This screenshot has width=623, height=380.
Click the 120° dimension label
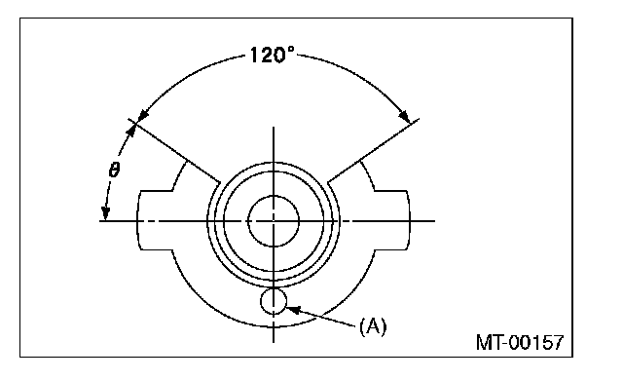(x=273, y=55)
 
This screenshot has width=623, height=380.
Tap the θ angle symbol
(x=114, y=170)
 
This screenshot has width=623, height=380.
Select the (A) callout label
(x=373, y=326)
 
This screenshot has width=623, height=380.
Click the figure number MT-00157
(x=520, y=342)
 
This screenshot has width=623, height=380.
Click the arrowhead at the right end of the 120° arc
(x=405, y=116)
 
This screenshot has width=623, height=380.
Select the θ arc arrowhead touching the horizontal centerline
(x=105, y=213)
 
